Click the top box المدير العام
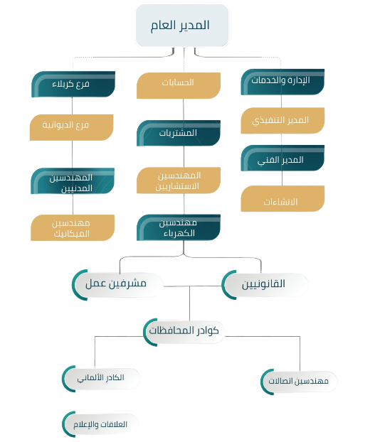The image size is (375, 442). [181, 26]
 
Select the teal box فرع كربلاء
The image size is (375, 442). [73, 84]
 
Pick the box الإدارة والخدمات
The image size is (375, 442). [282, 81]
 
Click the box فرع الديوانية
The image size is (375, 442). [73, 126]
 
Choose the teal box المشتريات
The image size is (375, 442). [179, 133]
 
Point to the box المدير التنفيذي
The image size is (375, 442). [282, 120]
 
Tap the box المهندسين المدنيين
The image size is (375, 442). [73, 180]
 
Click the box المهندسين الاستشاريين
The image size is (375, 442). [179, 180]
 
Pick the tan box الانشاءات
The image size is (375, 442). [282, 200]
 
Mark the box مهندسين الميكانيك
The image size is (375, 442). [73, 227]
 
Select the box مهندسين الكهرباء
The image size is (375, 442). [179, 227]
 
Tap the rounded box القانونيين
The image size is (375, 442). [265, 284]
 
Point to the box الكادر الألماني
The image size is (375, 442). [101, 378]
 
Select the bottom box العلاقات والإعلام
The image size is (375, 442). [101, 424]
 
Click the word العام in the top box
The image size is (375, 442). [164, 26]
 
